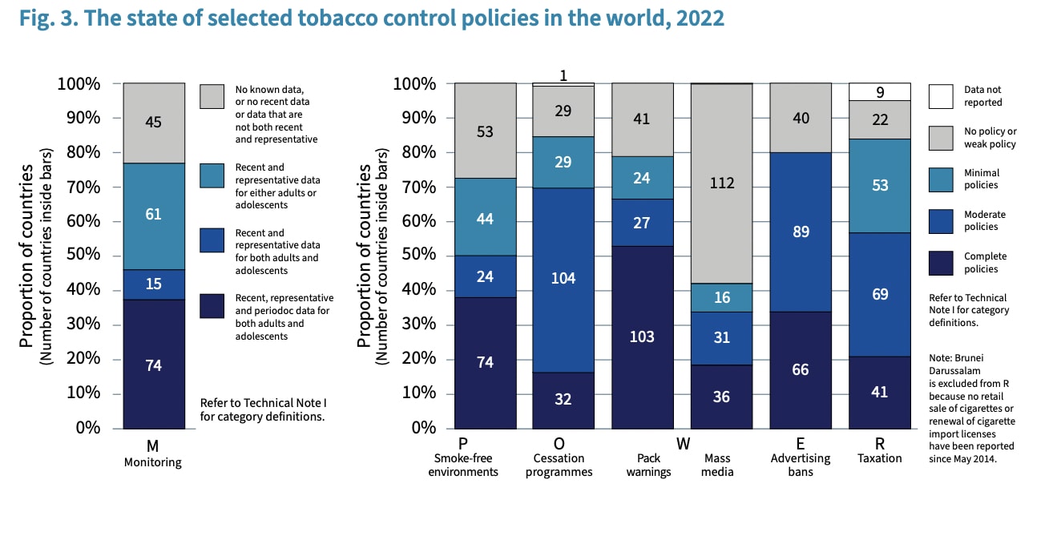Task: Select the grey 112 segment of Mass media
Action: (x=721, y=183)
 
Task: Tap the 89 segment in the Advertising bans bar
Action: (x=800, y=232)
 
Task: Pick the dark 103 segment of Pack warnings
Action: (x=642, y=336)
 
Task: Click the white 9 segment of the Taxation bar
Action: (x=879, y=91)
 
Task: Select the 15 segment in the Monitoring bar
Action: (x=154, y=284)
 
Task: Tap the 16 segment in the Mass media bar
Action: (x=721, y=297)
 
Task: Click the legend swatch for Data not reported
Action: (x=941, y=96)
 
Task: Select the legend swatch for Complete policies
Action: (x=941, y=262)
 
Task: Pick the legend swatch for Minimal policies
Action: (x=941, y=179)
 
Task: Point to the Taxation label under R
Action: (x=879, y=458)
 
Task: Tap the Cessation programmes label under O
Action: (x=563, y=465)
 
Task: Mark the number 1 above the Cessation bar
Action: (x=563, y=75)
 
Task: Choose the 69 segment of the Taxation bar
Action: (x=879, y=294)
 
